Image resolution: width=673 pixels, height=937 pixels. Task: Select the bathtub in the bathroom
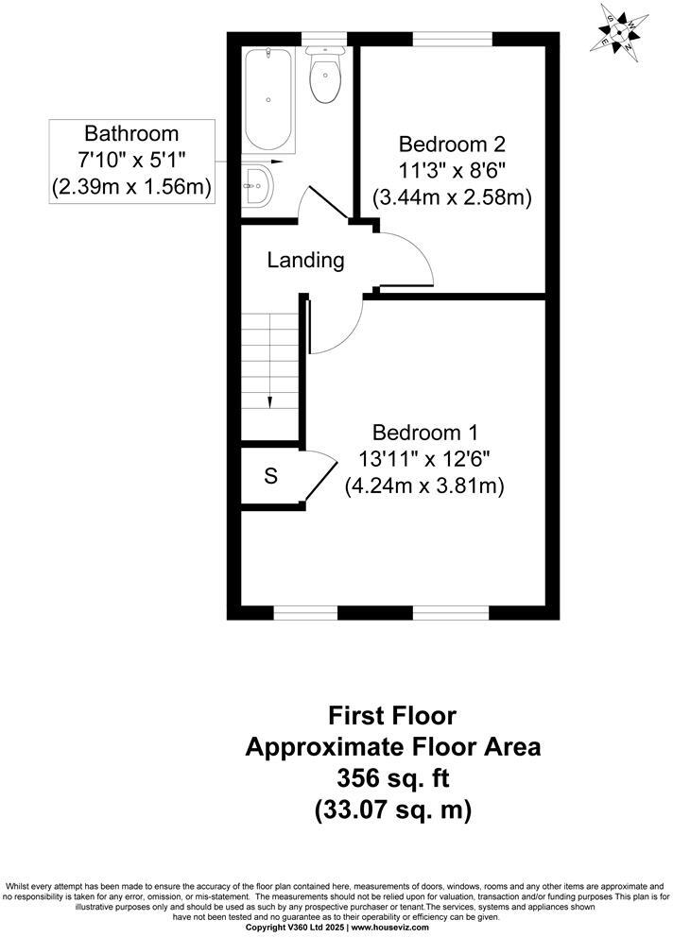[x=270, y=101]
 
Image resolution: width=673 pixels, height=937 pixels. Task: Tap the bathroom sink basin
[x=258, y=185]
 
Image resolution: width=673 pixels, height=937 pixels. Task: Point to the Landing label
[x=304, y=260]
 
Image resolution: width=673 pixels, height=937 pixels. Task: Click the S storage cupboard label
[x=270, y=476]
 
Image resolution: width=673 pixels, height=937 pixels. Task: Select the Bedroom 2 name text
[x=452, y=145]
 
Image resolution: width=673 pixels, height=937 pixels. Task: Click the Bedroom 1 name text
[x=423, y=433]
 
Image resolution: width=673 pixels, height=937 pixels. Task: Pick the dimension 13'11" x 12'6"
[x=423, y=460]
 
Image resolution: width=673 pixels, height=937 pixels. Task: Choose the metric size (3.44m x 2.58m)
[x=452, y=198]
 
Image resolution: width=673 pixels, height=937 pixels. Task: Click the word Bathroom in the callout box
[x=130, y=133]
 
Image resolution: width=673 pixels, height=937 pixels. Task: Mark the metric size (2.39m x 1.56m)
[x=130, y=187]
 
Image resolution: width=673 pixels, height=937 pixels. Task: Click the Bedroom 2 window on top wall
[x=452, y=39]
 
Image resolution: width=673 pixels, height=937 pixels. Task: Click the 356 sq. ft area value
[x=392, y=777]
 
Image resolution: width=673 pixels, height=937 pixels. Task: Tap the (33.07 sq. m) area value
[x=392, y=809]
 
